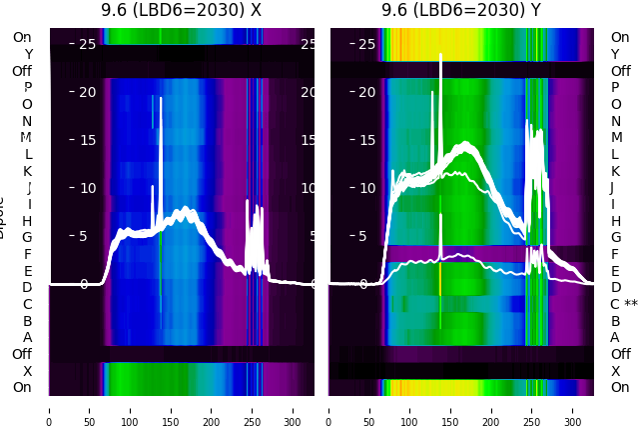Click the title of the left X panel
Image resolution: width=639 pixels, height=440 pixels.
pos(181,10)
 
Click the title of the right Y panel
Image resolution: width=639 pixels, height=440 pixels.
pos(460,10)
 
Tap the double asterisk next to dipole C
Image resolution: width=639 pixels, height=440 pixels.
pos(631,304)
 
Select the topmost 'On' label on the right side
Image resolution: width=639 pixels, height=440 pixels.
pos(620,37)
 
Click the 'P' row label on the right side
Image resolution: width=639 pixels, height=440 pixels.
pos(615,88)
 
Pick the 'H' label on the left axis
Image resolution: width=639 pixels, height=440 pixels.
pos(27,221)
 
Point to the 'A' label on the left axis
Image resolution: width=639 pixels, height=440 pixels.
pos(27,337)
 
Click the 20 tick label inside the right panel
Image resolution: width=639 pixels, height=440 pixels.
pos(366,92)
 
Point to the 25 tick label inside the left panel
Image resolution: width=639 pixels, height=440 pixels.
pos(87,44)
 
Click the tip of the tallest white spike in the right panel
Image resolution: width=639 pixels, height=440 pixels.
pos(440,56)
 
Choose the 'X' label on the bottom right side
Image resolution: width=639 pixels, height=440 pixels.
pos(615,371)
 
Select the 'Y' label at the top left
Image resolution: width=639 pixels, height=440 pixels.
pos(28,55)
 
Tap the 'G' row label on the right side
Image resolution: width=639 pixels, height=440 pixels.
pos(615,237)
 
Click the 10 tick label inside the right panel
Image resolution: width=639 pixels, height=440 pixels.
pos(366,188)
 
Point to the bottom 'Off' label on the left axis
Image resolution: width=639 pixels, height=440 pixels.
pos(22,354)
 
